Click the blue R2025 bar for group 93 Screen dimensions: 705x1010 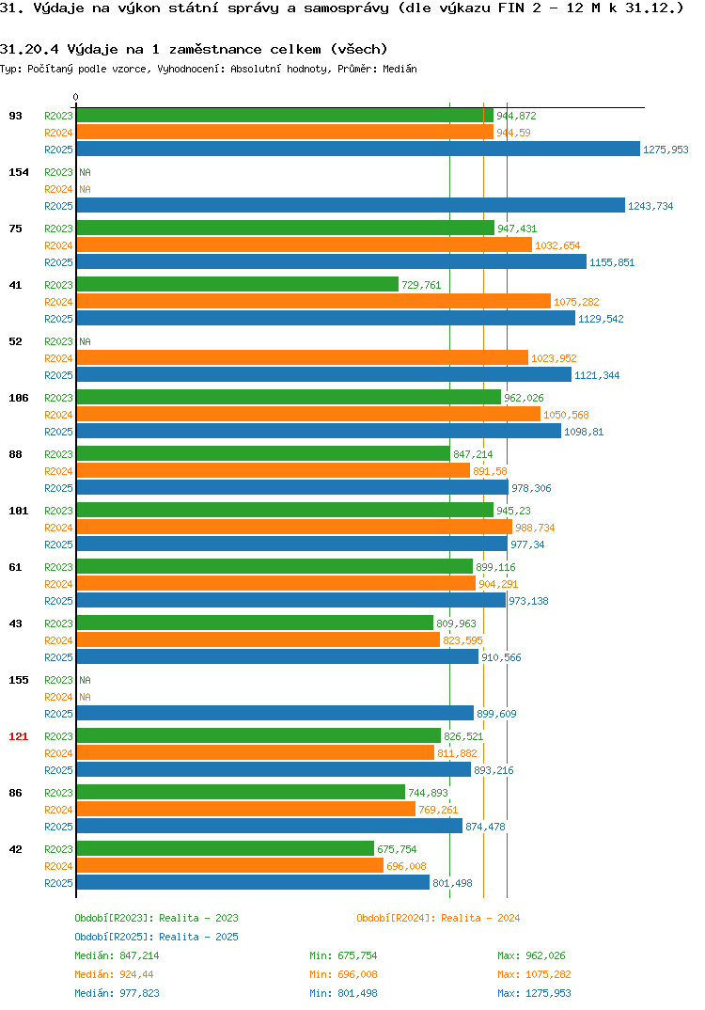(358, 149)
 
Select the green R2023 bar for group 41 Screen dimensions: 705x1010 (238, 284)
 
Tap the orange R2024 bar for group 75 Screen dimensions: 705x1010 (304, 245)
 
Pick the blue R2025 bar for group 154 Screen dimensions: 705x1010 (351, 205)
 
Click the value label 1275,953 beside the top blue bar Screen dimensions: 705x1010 (666, 150)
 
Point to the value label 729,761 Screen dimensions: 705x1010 (422, 285)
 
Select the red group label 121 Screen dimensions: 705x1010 (19, 736)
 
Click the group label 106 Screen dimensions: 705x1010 (19, 398)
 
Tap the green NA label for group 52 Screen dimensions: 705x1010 (85, 341)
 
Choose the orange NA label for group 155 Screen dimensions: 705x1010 (85, 697)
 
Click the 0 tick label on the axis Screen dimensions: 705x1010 (76, 97)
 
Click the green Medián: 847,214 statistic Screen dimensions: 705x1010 (117, 955)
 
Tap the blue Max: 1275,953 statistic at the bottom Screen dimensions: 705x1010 (534, 993)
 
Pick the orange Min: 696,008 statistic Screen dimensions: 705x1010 (343, 974)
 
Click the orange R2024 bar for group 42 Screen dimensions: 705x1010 (230, 866)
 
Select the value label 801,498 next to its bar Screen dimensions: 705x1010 (453, 883)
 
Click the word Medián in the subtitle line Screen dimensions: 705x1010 (399, 69)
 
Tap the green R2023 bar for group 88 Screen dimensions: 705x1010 (263, 453)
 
